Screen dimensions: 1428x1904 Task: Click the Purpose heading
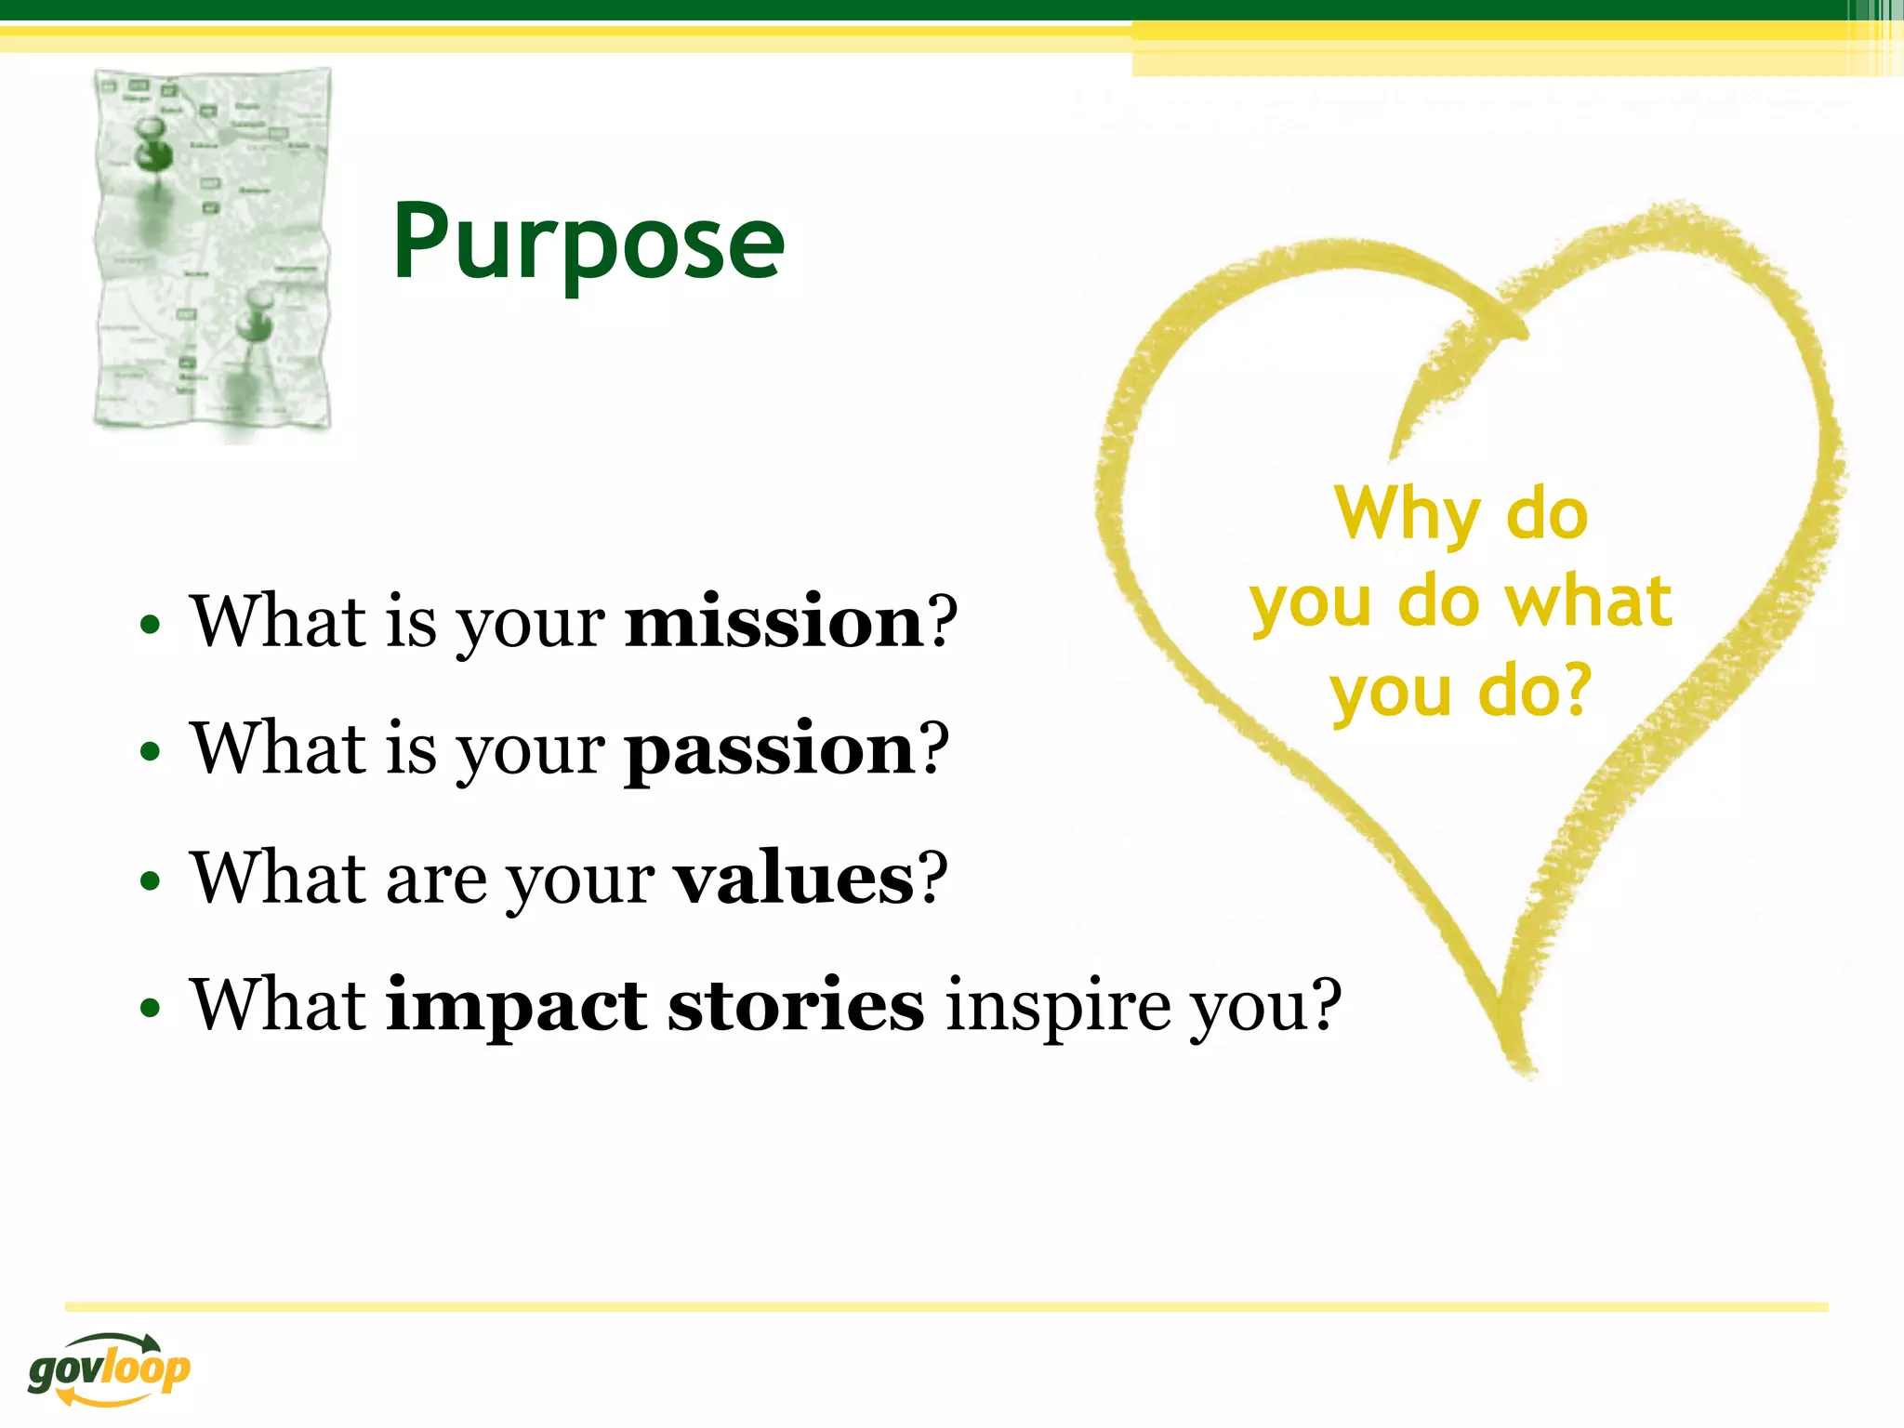tap(588, 244)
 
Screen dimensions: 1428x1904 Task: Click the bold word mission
tap(773, 621)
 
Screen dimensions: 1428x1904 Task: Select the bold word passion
tap(770, 749)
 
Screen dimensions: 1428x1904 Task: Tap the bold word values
tap(794, 878)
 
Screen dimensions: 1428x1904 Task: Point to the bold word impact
tap(516, 1006)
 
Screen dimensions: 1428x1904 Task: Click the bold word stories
tap(796, 1006)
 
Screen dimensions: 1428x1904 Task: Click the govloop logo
tap(109, 1368)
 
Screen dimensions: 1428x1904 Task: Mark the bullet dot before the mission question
tap(150, 625)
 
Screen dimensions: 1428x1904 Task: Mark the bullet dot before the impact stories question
tap(150, 1009)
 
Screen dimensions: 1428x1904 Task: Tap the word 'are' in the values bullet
tap(436, 879)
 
